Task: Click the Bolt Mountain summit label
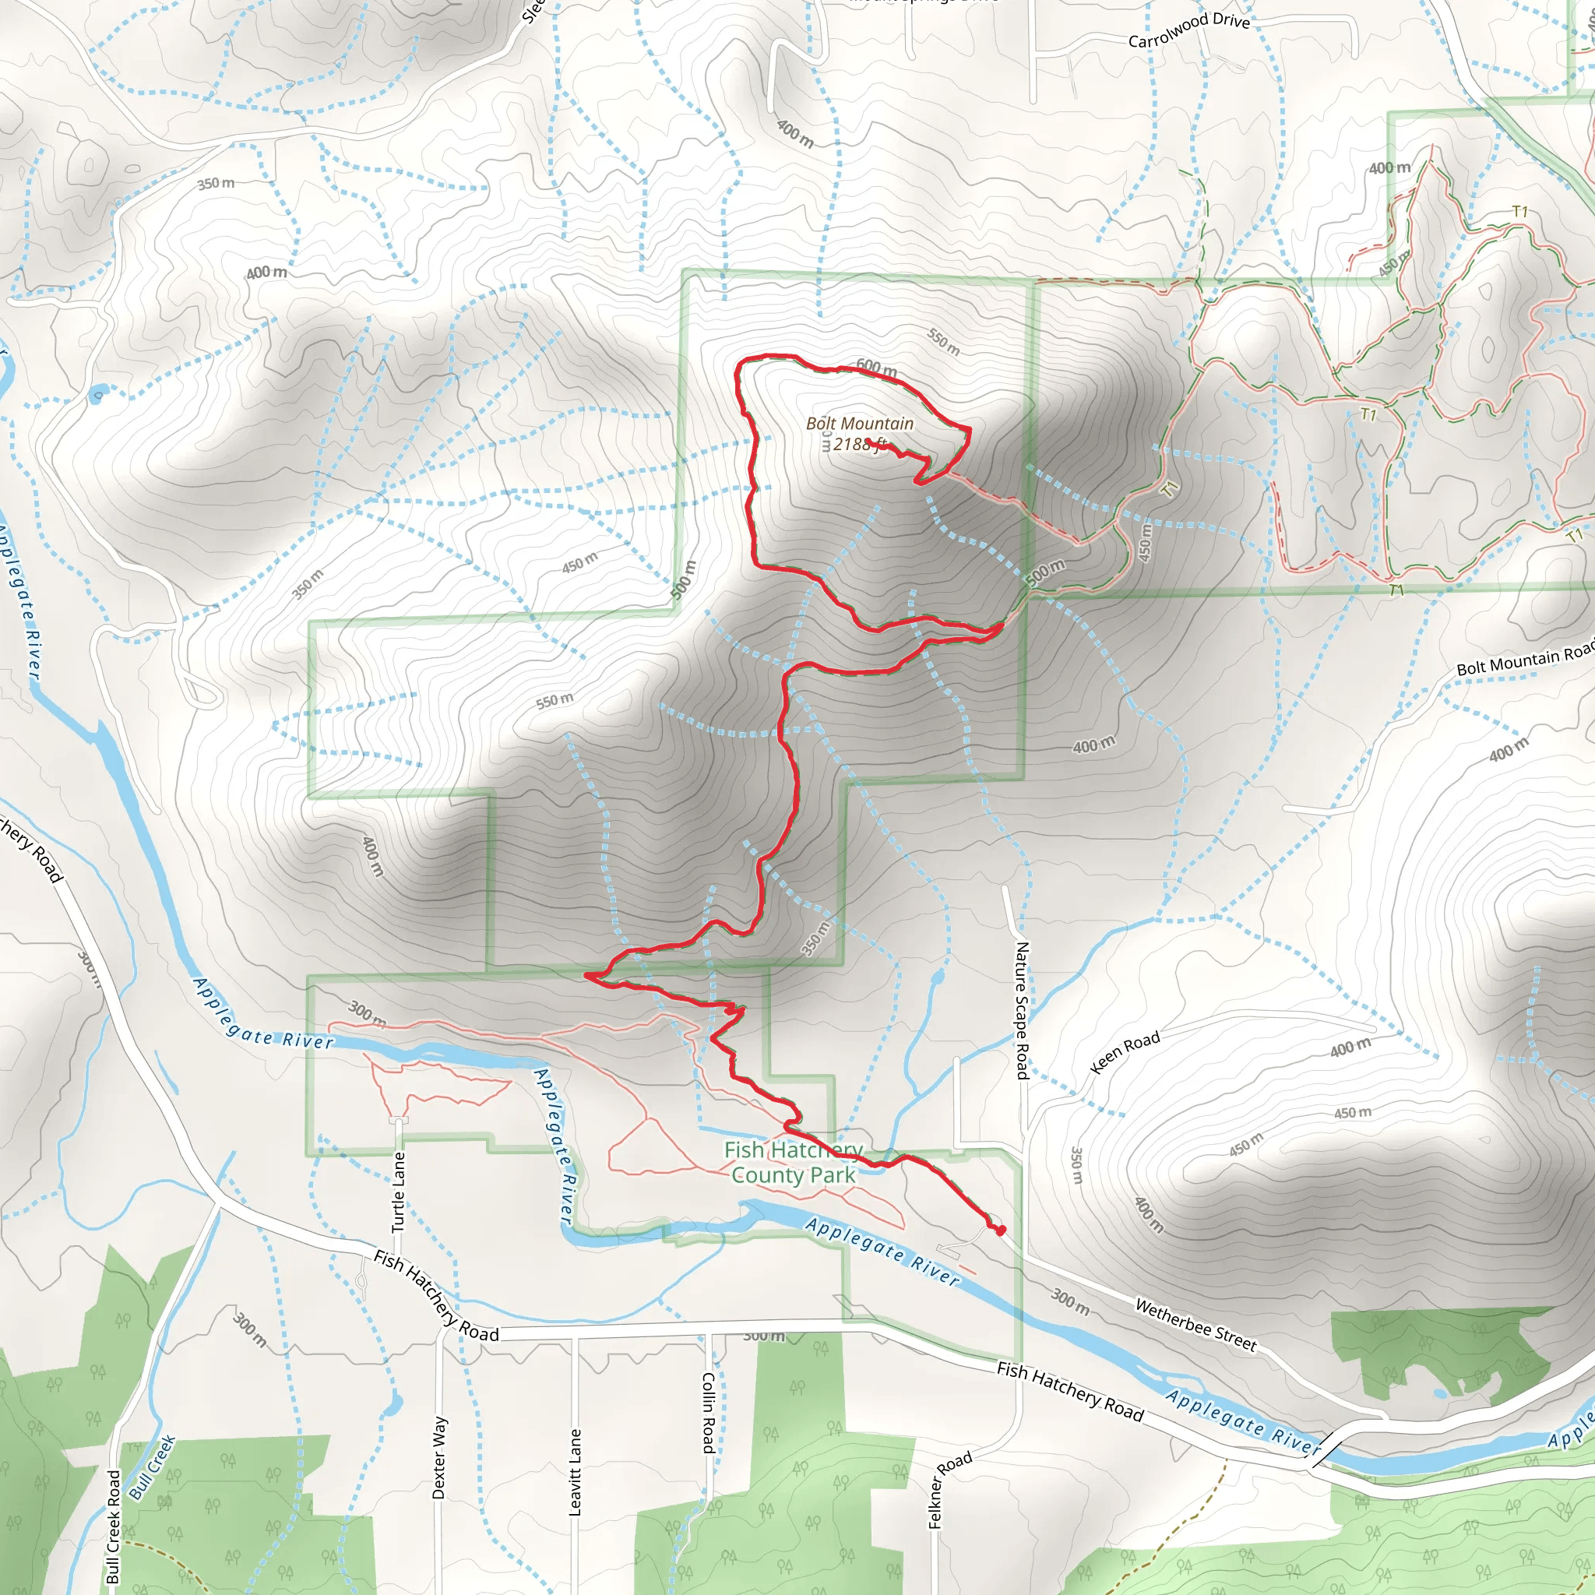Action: click(860, 424)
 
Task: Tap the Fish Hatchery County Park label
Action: click(794, 1163)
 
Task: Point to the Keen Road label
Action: click(1125, 1051)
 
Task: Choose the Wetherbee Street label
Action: click(1195, 1325)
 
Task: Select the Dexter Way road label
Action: click(439, 1458)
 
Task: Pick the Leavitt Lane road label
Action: click(576, 1472)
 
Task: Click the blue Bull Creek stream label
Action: click(152, 1467)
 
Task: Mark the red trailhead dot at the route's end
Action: click(1001, 1231)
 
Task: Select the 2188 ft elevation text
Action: click(858, 444)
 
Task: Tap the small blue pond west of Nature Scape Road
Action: click(937, 978)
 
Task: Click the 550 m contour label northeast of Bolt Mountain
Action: click(943, 342)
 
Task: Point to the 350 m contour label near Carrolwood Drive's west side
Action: click(216, 182)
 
